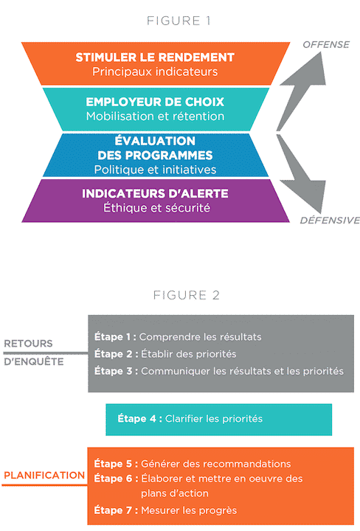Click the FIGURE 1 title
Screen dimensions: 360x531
(179, 21)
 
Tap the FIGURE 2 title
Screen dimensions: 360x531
(187, 295)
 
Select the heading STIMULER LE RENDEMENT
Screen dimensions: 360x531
(155, 58)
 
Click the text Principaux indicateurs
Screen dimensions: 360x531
(155, 72)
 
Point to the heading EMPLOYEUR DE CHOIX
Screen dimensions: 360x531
(155, 102)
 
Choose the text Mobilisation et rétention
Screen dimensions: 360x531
(155, 117)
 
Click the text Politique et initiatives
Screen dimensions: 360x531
(155, 170)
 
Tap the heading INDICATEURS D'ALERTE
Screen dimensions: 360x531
(155, 193)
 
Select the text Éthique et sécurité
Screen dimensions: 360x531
(157, 207)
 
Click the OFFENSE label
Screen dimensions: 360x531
(326, 45)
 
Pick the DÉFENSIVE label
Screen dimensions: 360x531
(330, 220)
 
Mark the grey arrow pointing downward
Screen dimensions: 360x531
(301, 173)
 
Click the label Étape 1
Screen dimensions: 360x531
(115, 337)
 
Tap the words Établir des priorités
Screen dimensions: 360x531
(189, 354)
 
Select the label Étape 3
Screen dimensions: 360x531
(116, 371)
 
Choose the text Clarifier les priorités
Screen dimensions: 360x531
(214, 419)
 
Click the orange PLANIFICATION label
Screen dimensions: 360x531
(44, 475)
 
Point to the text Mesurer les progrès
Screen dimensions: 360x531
(189, 510)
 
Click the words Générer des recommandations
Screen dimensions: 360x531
(215, 464)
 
